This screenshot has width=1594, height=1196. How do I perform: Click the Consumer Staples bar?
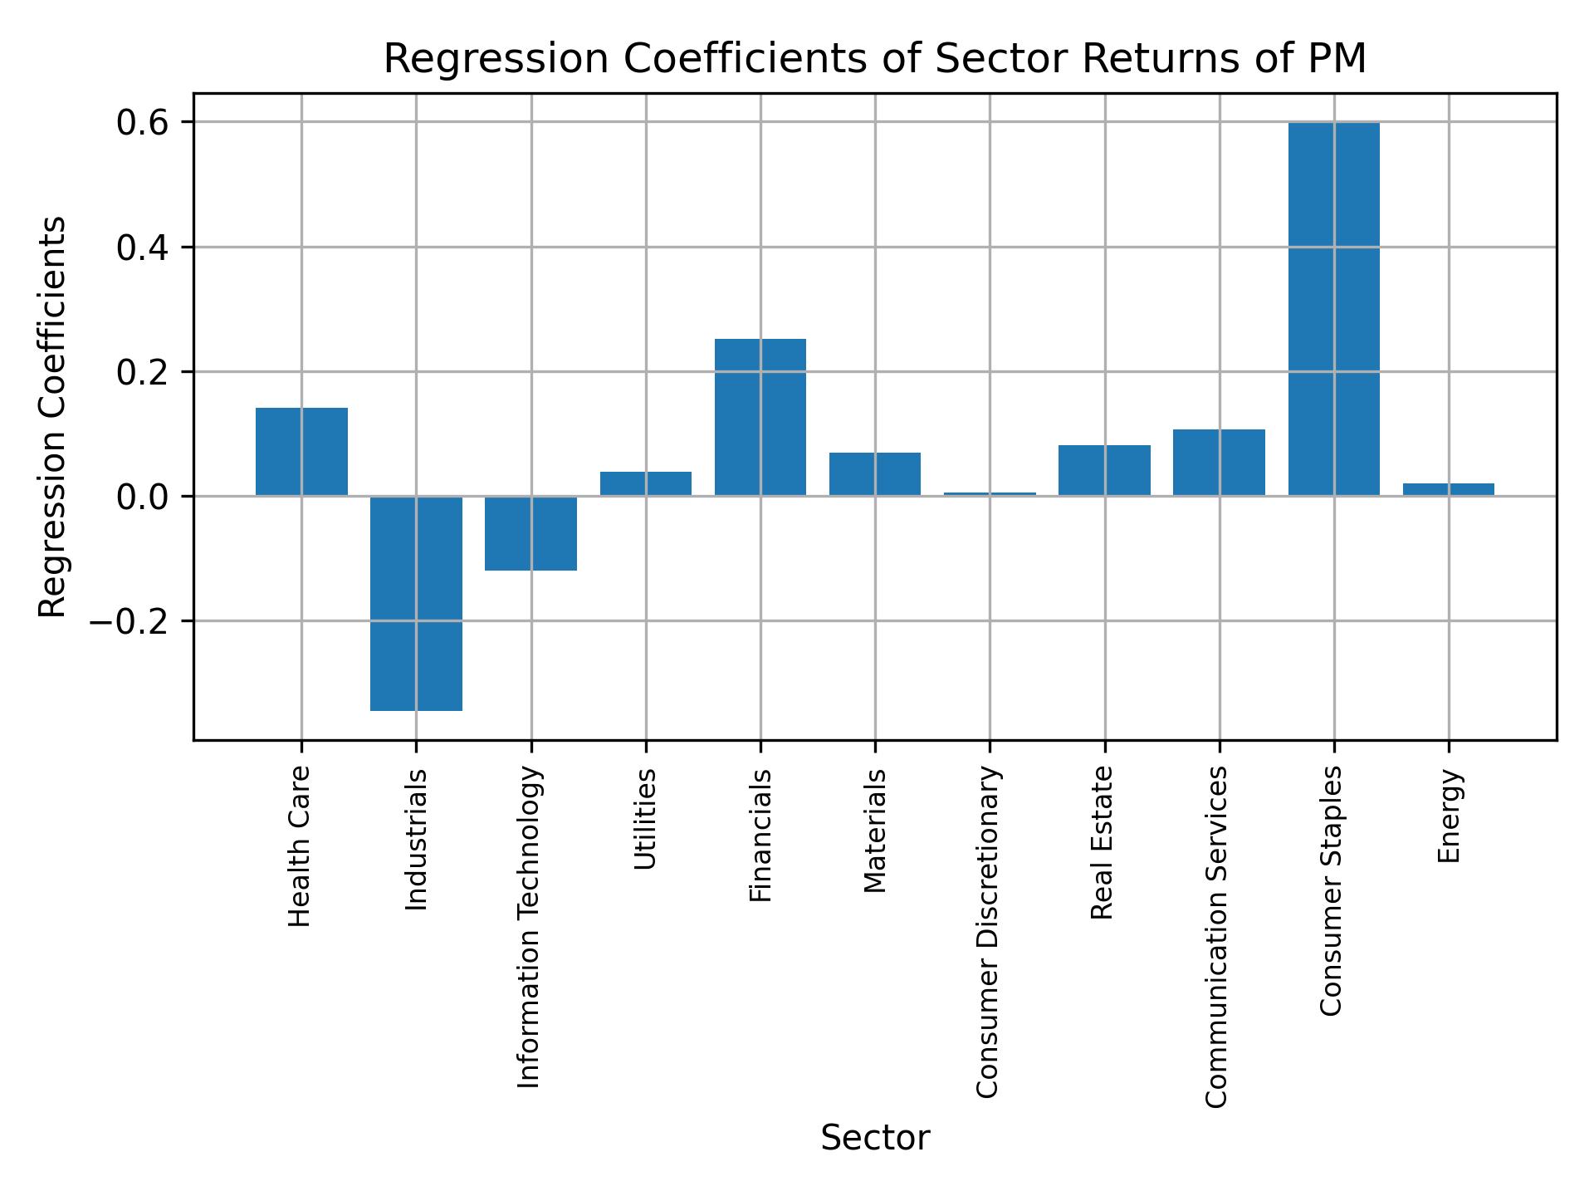pos(1333,309)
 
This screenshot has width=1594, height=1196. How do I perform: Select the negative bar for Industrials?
pos(416,603)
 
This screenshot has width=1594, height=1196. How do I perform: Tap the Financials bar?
pos(760,417)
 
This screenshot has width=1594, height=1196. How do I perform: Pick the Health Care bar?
pos(301,452)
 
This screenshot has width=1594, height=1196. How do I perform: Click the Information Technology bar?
pos(531,533)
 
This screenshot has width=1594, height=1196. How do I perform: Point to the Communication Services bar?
pos(1219,463)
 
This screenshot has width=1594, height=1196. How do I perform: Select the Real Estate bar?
pos(1104,470)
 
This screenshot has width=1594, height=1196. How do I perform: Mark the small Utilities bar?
pos(645,483)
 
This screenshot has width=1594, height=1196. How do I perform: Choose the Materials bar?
pos(874,474)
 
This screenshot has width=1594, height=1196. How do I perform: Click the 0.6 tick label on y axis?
pos(143,123)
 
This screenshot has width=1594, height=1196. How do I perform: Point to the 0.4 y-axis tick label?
pos(143,248)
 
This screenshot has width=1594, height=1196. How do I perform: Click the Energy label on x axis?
pos(1449,816)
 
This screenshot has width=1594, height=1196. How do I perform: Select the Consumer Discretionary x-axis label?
pos(987,932)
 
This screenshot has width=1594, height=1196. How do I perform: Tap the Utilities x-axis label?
pos(645,819)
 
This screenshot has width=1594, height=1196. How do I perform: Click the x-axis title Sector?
pos(874,1138)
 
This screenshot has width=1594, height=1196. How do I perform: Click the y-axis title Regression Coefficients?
pos(53,417)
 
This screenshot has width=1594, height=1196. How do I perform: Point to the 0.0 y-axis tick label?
pos(143,497)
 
